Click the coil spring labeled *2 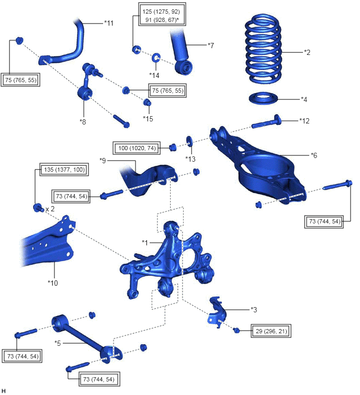coord(263,49)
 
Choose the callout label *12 coord(305,121)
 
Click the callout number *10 coord(53,283)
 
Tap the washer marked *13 coord(189,141)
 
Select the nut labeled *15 coord(148,103)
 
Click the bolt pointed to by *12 coord(266,121)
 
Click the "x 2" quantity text coord(50,209)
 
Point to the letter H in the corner coord(4,390)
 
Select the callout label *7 coord(211,46)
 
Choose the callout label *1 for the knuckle coord(145,243)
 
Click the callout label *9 coord(103,161)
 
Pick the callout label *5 coord(58,343)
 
